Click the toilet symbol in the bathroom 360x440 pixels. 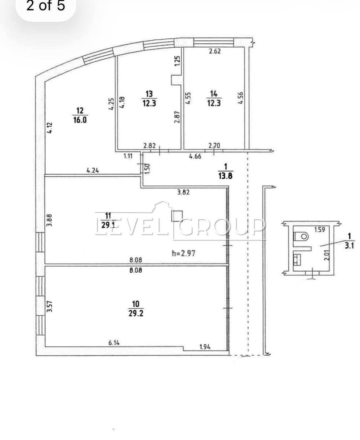pos(301,236)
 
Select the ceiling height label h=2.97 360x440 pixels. pos(183,253)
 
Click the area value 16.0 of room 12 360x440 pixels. pos(80,120)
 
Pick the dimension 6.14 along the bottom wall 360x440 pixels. pos(114,343)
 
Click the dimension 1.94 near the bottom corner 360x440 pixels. pos(205,347)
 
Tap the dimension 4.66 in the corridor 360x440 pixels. pos(195,156)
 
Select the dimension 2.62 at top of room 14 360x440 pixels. pos(215,51)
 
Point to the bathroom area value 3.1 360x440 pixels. pos(349,246)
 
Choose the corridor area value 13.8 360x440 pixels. pos(225,176)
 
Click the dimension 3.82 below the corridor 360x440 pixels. pos(183,192)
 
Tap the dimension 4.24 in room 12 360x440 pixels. pos(93,170)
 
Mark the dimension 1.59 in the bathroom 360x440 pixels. pos(320,230)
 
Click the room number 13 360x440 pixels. pos(149,94)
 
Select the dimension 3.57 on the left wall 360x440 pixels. pos(49,306)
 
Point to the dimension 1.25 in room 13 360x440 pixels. pos(177,61)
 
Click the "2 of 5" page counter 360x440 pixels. pos(46,5)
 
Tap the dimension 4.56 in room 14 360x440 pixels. pos(241,98)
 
